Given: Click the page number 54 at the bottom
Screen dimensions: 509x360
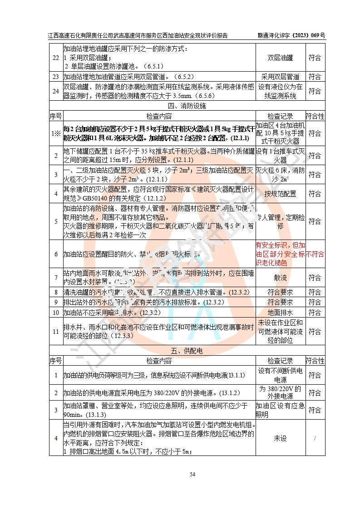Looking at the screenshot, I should coord(192,475).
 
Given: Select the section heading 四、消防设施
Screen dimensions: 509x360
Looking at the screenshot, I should coord(187,106).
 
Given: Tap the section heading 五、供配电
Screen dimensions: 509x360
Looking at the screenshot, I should coord(187,351).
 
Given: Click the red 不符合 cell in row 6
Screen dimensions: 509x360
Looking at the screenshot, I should coord(315,254).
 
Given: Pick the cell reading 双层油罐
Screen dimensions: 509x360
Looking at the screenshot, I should coord(280,58).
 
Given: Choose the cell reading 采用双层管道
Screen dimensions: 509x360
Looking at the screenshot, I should coord(280,77).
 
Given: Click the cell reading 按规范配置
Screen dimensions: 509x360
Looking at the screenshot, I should coord(280,194).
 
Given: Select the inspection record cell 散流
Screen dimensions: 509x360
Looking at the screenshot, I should coord(280,277).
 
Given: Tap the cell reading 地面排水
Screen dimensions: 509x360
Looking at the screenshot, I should coord(280,312).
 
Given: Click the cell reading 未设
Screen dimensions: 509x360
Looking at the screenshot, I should coord(280,439).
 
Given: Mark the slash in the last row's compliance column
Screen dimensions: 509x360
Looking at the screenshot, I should coord(315,439).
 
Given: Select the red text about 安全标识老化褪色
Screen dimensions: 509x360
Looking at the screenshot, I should coord(280,254).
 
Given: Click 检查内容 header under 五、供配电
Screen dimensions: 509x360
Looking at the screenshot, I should coord(159,361).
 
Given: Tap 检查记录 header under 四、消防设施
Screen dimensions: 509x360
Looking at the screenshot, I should coord(280,116).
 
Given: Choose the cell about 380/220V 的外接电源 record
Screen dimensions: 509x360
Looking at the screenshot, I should coord(280,392).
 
